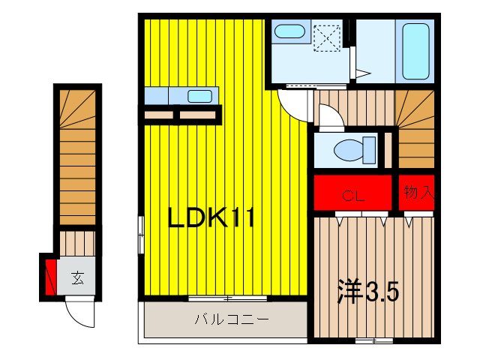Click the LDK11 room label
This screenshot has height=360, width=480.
[x=211, y=219]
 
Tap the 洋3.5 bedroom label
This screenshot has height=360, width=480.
[x=367, y=289]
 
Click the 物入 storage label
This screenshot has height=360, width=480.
[x=418, y=193]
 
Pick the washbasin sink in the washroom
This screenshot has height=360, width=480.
[x=288, y=31]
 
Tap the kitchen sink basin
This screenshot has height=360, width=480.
[x=199, y=96]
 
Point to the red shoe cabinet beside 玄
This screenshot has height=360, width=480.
[x=50, y=276]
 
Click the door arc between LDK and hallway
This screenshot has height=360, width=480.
[x=294, y=104]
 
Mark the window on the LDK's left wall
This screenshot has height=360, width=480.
[x=140, y=235]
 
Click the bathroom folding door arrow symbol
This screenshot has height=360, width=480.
[x=362, y=73]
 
